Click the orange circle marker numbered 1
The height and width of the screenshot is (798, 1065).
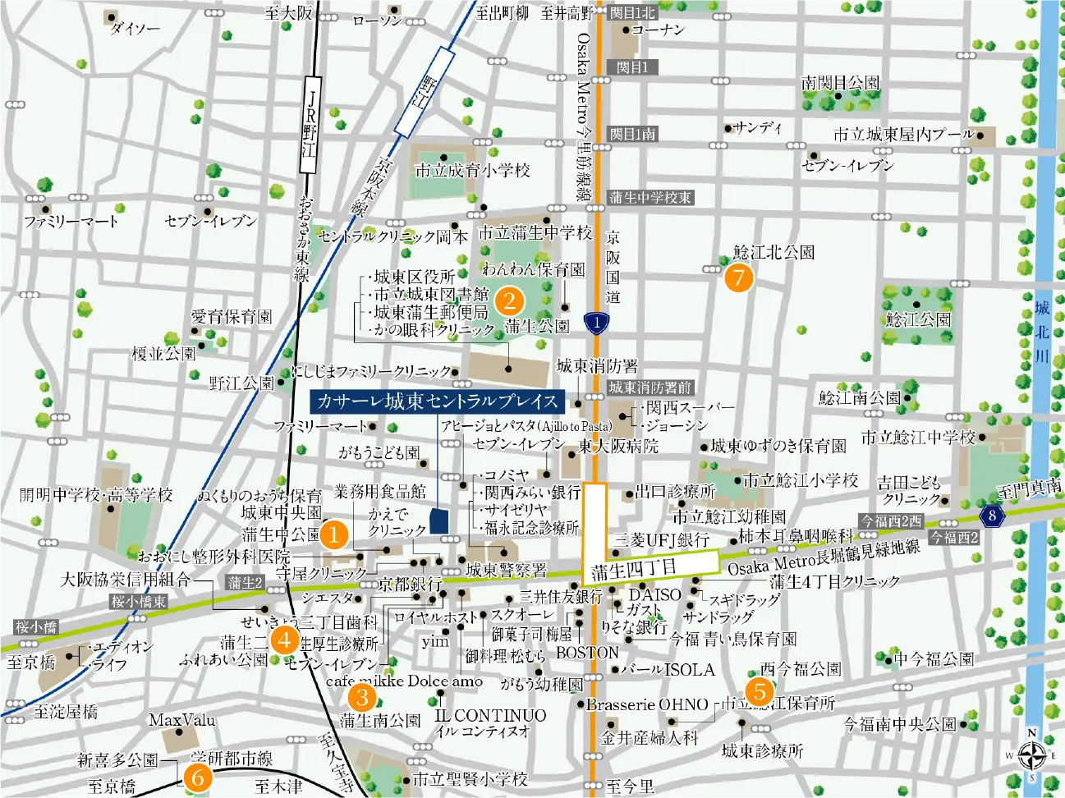pos(333,534)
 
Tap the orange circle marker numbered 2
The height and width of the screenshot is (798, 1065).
pos(509,300)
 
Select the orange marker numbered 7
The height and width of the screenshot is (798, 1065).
pos(738,277)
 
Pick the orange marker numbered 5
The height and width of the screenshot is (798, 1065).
pos(760,691)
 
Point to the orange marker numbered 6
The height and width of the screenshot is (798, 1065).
pos(198,777)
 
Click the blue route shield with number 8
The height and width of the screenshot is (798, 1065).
pos(992,516)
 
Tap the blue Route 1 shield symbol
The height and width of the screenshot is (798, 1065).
pos(597,323)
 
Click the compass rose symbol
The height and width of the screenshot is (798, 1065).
pos(1032,754)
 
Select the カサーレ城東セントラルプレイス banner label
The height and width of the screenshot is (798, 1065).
pos(437,401)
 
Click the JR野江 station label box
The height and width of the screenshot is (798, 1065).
pos(310,124)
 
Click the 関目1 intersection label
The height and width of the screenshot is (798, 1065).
pos(632,67)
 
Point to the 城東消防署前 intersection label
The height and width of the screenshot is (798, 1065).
pos(650,388)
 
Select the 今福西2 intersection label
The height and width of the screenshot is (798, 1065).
pos(954,538)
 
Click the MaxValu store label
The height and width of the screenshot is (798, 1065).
pos(181,721)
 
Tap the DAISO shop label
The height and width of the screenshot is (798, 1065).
pos(654,594)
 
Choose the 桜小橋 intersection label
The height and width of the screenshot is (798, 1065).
pos(36,627)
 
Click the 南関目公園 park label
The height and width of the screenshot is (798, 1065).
pos(840,83)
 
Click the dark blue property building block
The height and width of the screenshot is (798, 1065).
pos(439,521)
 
